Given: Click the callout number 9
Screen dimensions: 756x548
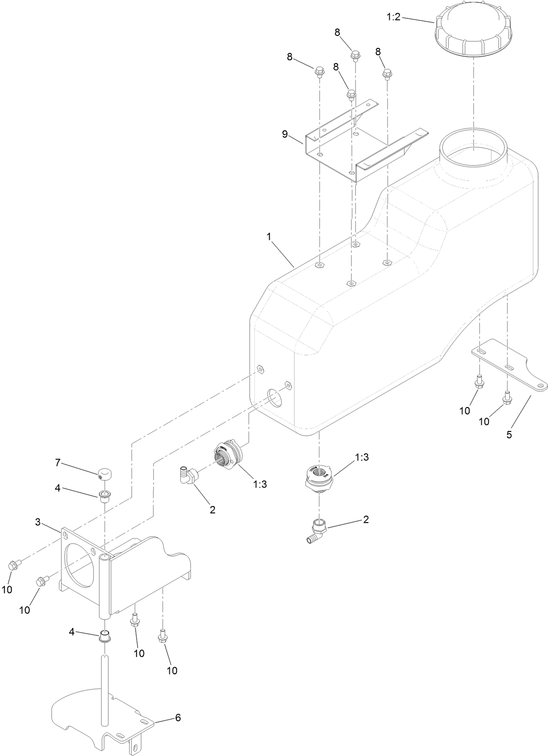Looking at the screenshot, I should [285, 134].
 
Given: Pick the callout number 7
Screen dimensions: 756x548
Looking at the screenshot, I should [58, 463].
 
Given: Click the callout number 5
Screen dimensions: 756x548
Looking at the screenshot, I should [509, 435].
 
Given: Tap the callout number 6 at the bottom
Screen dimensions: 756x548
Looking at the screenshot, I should [178, 718].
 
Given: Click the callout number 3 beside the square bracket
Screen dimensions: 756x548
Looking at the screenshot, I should [38, 522].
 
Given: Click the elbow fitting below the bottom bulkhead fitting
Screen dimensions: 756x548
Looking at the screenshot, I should [317, 531].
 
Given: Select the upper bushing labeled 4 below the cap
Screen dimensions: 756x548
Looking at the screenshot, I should [105, 496].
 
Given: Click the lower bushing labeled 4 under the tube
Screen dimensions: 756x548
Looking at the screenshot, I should [105, 638].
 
